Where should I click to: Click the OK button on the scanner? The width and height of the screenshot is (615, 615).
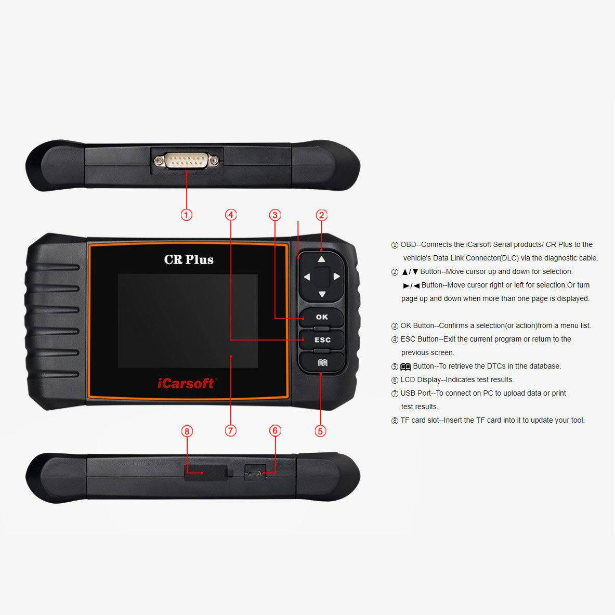pyautogui.click(x=322, y=317)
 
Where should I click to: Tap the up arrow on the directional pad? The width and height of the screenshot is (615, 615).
pyautogui.click(x=322, y=259)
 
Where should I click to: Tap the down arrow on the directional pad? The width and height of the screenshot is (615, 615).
pyautogui.click(x=322, y=295)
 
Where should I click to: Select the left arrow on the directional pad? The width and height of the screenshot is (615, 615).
pyautogui.click(x=307, y=277)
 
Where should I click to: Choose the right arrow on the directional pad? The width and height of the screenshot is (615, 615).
pyautogui.click(x=337, y=277)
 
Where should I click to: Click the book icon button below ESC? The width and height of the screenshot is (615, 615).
pyautogui.click(x=322, y=362)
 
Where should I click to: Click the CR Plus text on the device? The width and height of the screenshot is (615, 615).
pyautogui.click(x=189, y=259)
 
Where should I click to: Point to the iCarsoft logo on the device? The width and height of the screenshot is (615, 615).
pyautogui.click(x=186, y=384)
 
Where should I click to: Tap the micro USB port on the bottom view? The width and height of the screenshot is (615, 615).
pyautogui.click(x=255, y=474)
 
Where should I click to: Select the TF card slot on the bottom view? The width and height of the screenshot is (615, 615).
pyautogui.click(x=205, y=472)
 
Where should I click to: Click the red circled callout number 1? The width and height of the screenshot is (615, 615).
pyautogui.click(x=187, y=214)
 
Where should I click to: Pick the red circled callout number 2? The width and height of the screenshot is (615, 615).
pyautogui.click(x=321, y=215)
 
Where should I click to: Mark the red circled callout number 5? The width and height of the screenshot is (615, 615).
pyautogui.click(x=320, y=430)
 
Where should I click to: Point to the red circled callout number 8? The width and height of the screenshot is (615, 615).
pyautogui.click(x=187, y=430)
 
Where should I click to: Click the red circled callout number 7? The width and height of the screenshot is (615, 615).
pyautogui.click(x=231, y=430)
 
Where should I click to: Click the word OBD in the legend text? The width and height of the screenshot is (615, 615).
pyautogui.click(x=409, y=244)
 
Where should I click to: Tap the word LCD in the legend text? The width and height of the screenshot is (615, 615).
pyautogui.click(x=408, y=380)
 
